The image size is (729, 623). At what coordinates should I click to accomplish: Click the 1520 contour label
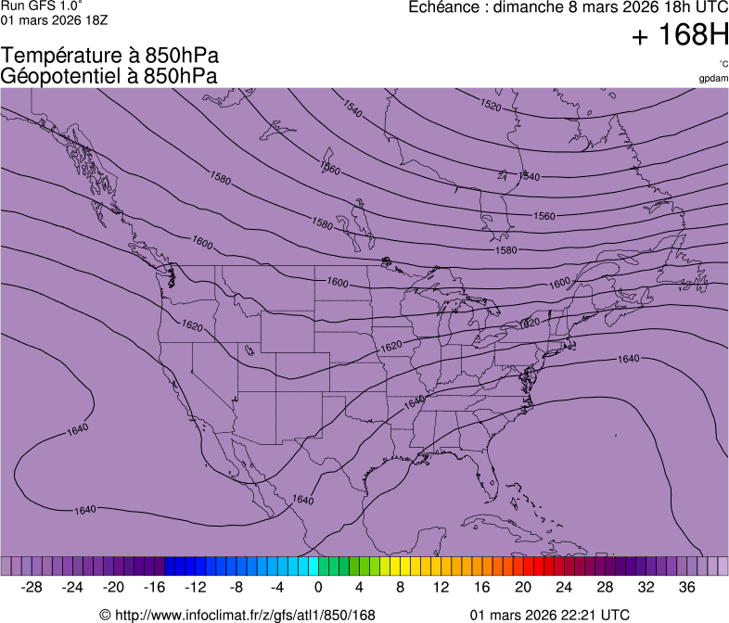click(x=491, y=107)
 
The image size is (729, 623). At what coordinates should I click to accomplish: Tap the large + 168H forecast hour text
click(x=679, y=36)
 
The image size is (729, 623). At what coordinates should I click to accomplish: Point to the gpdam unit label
click(x=713, y=79)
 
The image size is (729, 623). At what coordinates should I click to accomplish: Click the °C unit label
click(x=723, y=64)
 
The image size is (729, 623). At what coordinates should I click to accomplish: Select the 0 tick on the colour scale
click(x=318, y=587)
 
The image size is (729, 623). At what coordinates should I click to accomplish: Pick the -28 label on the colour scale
click(x=32, y=587)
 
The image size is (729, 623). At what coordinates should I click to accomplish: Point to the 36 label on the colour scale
click(x=686, y=587)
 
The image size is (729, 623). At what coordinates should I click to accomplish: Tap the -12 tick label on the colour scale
click(x=195, y=587)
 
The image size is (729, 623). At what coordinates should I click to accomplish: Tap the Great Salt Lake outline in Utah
click(x=249, y=350)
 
